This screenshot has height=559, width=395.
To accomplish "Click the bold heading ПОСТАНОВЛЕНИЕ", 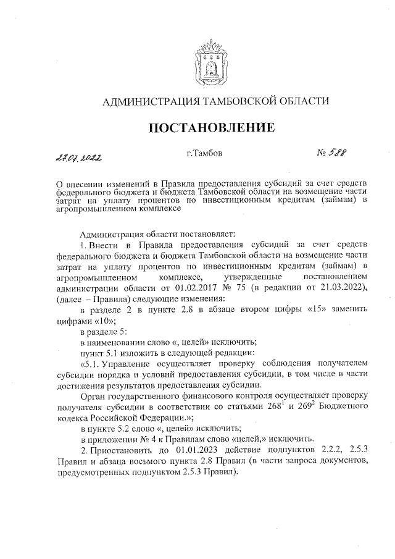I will [212, 128].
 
